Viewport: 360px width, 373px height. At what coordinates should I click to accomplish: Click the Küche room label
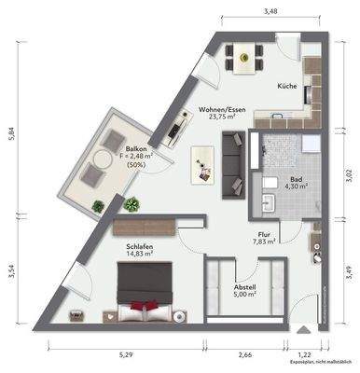pos(286,87)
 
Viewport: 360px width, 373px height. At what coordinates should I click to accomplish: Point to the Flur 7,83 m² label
pos(265,238)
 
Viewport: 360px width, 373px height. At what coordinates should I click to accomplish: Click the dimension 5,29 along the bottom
pos(124,354)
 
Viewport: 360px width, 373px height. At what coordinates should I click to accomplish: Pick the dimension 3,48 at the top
pos(270,12)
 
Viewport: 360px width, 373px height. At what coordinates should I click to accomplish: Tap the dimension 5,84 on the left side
pos(11,133)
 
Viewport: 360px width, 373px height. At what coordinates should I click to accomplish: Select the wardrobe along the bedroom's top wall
pos(144,225)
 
